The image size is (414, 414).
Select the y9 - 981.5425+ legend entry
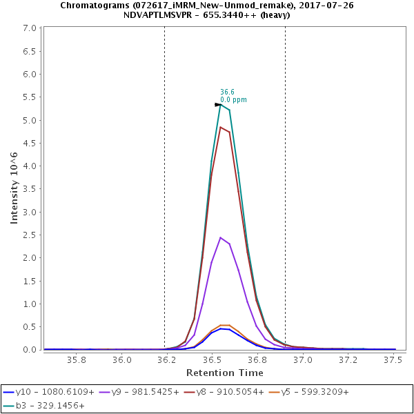pyautogui.click(x=142, y=392)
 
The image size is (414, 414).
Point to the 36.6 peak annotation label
pyautogui.click(x=227, y=92)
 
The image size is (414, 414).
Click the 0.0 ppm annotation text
pyautogui.click(x=233, y=100)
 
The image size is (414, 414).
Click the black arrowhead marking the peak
pyautogui.click(x=218, y=105)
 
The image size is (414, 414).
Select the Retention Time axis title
pyautogui.click(x=224, y=373)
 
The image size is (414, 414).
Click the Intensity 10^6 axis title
pyautogui.click(x=14, y=188)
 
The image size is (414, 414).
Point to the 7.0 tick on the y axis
pyautogui.click(x=30, y=28)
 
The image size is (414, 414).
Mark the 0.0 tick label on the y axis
pyautogui.click(x=30, y=350)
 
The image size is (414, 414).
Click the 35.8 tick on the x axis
pyautogui.click(x=76, y=359)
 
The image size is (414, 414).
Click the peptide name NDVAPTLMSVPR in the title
pyautogui.click(x=161, y=14)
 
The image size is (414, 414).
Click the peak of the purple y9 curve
pyautogui.click(x=220, y=237)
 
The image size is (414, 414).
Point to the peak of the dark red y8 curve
pyautogui.click(x=221, y=127)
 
